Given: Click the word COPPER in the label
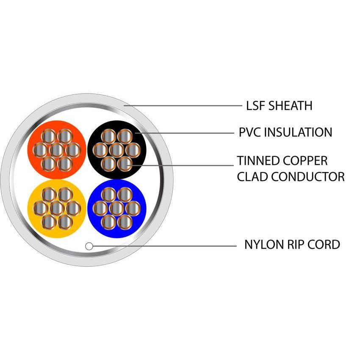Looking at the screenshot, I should (x=305, y=161).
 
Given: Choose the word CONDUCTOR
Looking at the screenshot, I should (x=308, y=176).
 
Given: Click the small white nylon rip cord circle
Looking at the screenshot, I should (x=89, y=246).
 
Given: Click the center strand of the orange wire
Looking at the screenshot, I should (x=56, y=150).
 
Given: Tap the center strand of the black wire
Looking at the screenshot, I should (x=116, y=150).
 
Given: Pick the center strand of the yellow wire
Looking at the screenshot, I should (x=56, y=208).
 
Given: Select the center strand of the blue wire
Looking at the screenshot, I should (x=116, y=208).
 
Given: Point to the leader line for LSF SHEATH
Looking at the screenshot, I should (x=182, y=105).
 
